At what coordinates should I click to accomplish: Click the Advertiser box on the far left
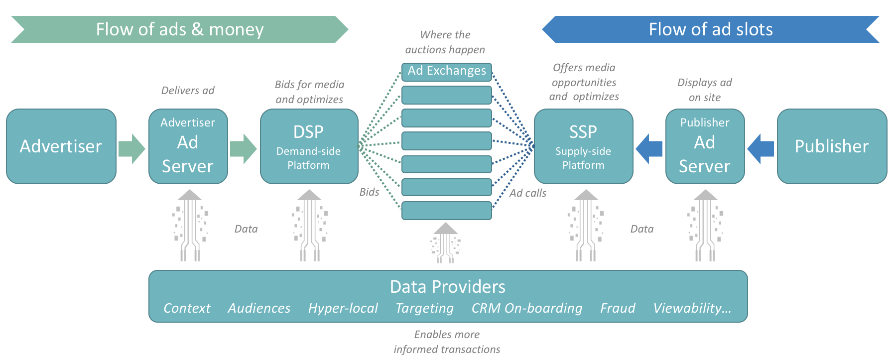pos(61,146)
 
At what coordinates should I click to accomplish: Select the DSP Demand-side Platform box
pos(309,146)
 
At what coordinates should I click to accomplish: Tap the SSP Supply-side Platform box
pos(583,146)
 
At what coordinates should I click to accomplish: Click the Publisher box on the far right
pos(832,146)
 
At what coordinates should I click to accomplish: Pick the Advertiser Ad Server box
pos(188,146)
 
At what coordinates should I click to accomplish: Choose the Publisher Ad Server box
pos(705,146)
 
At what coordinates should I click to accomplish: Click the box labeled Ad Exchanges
pos(447,71)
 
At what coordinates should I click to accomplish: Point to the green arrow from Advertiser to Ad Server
pos(131,148)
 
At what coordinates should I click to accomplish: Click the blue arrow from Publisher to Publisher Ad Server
pos(761,148)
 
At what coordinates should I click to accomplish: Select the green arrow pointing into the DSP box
pos(243,148)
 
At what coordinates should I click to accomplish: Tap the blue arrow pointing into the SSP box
pos(649,148)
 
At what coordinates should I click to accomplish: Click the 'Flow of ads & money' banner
pos(179,29)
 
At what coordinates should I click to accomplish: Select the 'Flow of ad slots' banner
pos(711,29)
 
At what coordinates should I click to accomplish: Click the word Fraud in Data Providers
pos(618,308)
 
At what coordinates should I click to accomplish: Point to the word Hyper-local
pos(343,308)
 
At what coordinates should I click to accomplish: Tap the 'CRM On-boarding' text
pos(526,308)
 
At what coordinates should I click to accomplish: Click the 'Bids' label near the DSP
pos(369,192)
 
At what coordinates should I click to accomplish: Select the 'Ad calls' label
pos(527,193)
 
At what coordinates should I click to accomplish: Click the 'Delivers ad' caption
pos(188,91)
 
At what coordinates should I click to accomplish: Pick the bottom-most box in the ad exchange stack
pos(447,211)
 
